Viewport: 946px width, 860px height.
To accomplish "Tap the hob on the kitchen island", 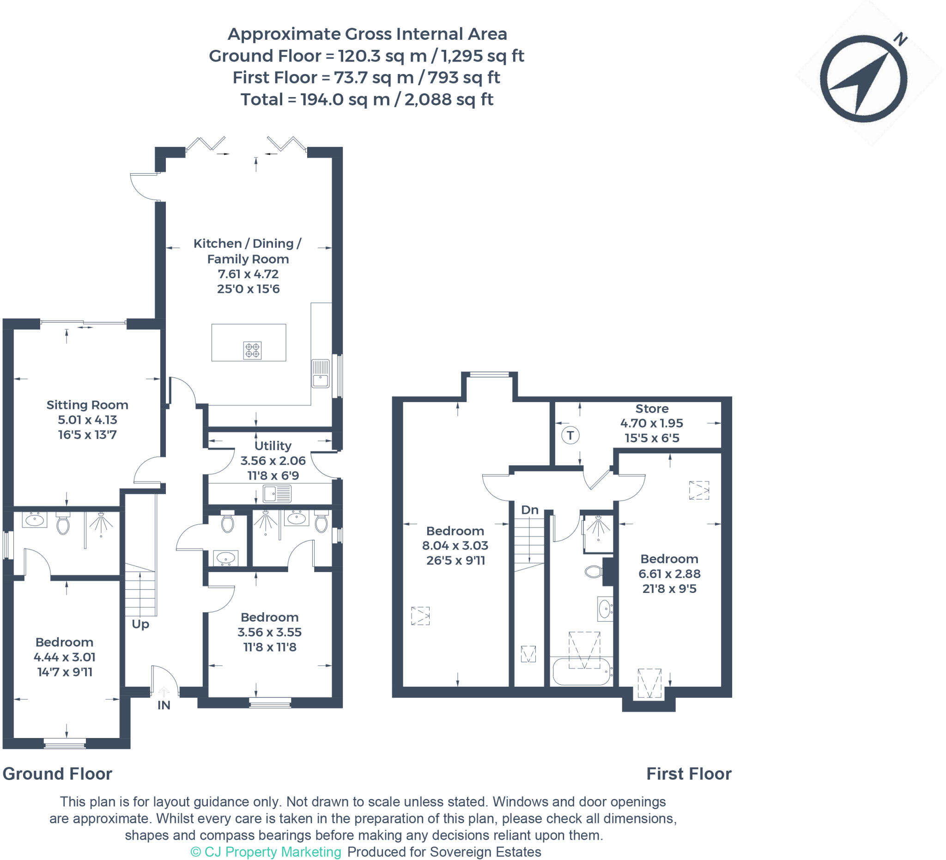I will [252, 350].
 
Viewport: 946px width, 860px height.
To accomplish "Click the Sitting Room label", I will [87, 405].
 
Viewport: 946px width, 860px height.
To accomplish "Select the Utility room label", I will [273, 445].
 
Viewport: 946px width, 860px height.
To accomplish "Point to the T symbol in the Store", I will [570, 435].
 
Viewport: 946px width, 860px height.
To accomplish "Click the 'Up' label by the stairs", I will [140, 624].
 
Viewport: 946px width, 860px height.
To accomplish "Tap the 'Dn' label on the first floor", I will [529, 510].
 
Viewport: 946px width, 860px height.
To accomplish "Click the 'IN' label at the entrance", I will [164, 705].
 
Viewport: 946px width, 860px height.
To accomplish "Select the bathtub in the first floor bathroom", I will [582, 672].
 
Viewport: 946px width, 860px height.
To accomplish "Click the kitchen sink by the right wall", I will [321, 374].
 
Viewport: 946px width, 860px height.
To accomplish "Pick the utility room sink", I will [277, 494].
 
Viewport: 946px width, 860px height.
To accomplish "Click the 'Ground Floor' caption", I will [57, 774].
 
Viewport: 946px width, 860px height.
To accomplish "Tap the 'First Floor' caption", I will [688, 774].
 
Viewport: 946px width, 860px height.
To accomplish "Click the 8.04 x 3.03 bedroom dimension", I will [455, 545].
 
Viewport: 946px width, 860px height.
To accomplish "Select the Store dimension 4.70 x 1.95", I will [651, 423].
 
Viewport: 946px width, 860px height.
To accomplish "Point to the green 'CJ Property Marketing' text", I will [266, 852].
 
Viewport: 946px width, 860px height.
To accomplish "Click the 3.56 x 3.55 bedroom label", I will [269, 632].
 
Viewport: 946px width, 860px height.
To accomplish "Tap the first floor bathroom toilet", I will [594, 571].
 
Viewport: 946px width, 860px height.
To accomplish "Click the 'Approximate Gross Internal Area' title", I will [367, 34].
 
